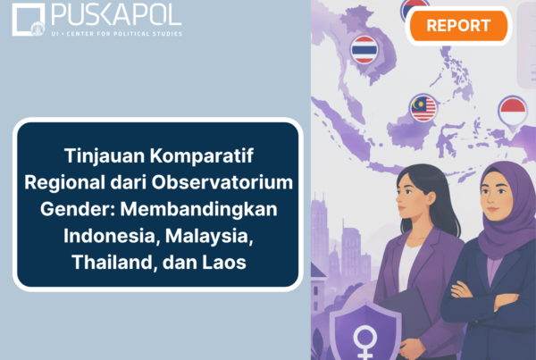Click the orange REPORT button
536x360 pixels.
pyautogui.click(x=458, y=26)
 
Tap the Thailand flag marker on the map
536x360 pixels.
pyautogui.click(x=364, y=50)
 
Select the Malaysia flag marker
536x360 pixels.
pyautogui.click(x=423, y=108)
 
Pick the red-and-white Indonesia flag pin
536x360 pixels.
pyautogui.click(x=513, y=113)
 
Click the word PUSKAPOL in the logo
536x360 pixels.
pyautogui.click(x=116, y=15)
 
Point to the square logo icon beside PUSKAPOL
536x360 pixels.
pyautogui.click(x=29, y=20)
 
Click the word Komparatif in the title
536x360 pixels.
pyautogui.click(x=202, y=156)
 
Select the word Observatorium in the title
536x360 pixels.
pyautogui.click(x=222, y=182)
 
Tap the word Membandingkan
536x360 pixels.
pyautogui.click(x=198, y=209)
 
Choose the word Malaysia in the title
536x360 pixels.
pyautogui.click(x=209, y=236)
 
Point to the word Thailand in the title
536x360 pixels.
pyautogui.click(x=114, y=263)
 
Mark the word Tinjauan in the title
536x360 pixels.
pyautogui.click(x=105, y=156)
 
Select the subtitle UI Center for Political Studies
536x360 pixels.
pyautogui.click(x=116, y=34)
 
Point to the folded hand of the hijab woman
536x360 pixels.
pyautogui.click(x=461, y=290)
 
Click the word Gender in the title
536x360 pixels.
pyautogui.click(x=78, y=209)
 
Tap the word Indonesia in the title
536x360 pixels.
pyautogui.click(x=112, y=236)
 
